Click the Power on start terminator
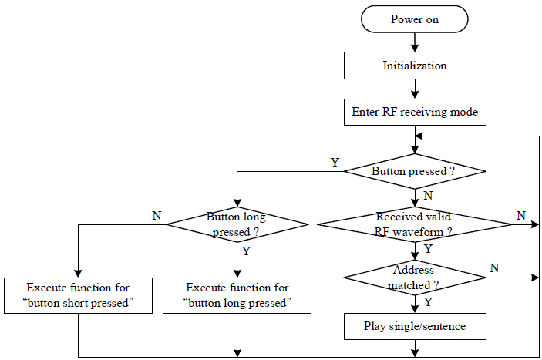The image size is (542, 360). pyautogui.click(x=415, y=19)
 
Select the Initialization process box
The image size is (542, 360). pyautogui.click(x=415, y=66)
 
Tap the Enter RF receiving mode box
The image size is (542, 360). pyautogui.click(x=415, y=113)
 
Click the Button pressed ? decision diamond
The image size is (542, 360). pyautogui.click(x=415, y=171)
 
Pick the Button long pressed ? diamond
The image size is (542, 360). pyautogui.click(x=237, y=224)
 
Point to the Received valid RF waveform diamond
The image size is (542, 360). pyautogui.click(x=415, y=224)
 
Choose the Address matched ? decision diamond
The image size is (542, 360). pyautogui.click(x=415, y=278)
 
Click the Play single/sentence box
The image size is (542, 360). pyautogui.click(x=415, y=327)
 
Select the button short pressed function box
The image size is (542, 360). pyautogui.click(x=78, y=296)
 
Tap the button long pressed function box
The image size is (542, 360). pyautogui.click(x=237, y=296)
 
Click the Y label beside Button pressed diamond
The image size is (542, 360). pyautogui.click(x=335, y=163)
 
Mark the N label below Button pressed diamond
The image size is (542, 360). pyautogui.click(x=428, y=196)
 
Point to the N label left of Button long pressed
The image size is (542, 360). pyautogui.click(x=157, y=216)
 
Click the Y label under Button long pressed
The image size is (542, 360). pyautogui.click(x=246, y=251)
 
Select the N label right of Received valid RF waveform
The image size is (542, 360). pyautogui.click(x=521, y=216)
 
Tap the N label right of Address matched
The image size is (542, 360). pyautogui.click(x=495, y=267)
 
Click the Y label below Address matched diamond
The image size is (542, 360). pyautogui.click(x=428, y=302)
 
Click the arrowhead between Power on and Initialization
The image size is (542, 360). pyautogui.click(x=415, y=48)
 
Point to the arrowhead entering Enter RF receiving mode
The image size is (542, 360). pyautogui.click(x=415, y=94)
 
